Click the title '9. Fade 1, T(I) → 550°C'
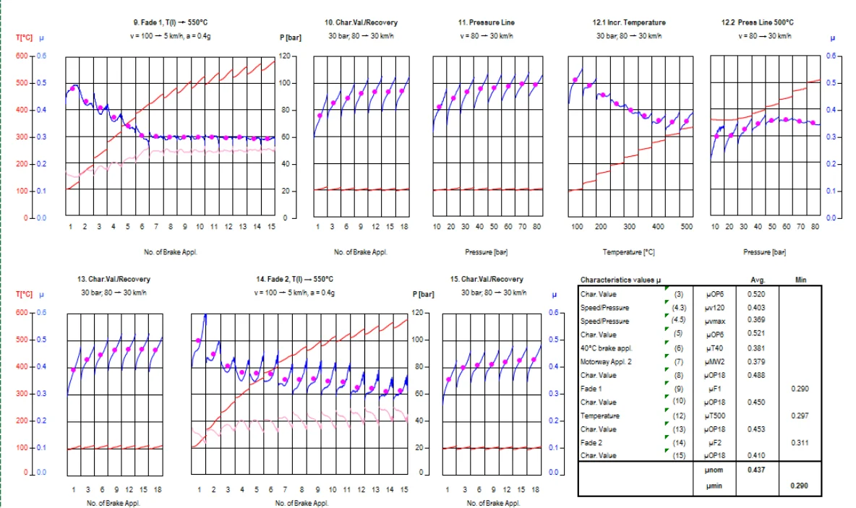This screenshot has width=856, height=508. (171, 22)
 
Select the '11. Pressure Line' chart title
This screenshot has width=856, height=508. (487, 22)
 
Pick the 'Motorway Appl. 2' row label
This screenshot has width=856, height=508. (605, 362)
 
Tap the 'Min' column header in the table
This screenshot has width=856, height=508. (800, 280)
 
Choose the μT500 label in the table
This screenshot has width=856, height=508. (713, 416)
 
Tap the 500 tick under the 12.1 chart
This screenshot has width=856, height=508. (686, 227)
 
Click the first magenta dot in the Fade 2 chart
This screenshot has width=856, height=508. (199, 340)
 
